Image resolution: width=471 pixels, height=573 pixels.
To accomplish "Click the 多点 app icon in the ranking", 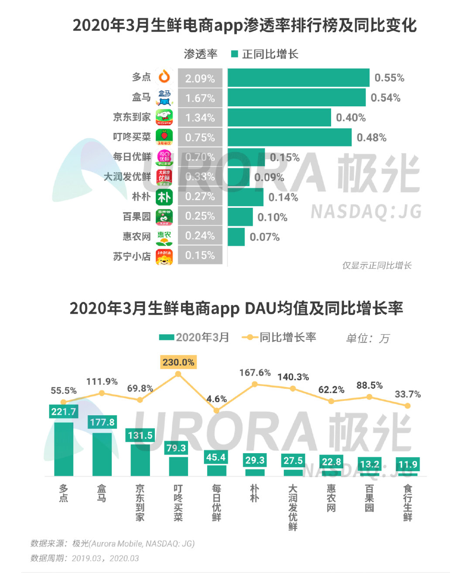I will tap(164, 77).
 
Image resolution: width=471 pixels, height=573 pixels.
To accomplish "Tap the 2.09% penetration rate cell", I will tap(200, 78).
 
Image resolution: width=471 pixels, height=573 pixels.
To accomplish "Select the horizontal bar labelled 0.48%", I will tap(289, 137).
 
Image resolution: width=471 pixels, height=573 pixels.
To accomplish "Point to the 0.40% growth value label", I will tap(351, 118).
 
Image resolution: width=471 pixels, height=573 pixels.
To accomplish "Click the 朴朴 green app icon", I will tap(164, 197).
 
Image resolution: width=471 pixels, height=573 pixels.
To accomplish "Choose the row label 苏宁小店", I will tap(132, 256).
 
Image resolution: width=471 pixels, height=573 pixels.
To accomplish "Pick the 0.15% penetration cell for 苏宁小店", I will tap(200, 255).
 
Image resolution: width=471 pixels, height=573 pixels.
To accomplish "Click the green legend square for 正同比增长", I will tap(235, 54).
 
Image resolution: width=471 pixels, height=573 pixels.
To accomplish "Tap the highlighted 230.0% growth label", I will tap(178, 362).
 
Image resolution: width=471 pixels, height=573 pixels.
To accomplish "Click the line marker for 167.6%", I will tap(255, 384).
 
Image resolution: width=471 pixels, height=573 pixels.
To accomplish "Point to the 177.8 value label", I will tap(102, 422).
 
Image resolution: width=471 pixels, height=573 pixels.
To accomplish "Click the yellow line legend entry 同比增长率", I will tap(279, 337).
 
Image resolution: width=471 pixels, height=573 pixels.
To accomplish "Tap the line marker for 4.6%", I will tap(216, 410).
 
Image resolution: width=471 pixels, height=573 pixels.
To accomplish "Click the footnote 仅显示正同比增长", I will tap(376, 265).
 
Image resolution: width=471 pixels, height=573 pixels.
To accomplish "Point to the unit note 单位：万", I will tap(367, 338).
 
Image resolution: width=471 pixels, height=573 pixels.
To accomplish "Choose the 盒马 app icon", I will tap(164, 97).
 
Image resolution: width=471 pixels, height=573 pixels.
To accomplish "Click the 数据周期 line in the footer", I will tap(85, 558).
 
